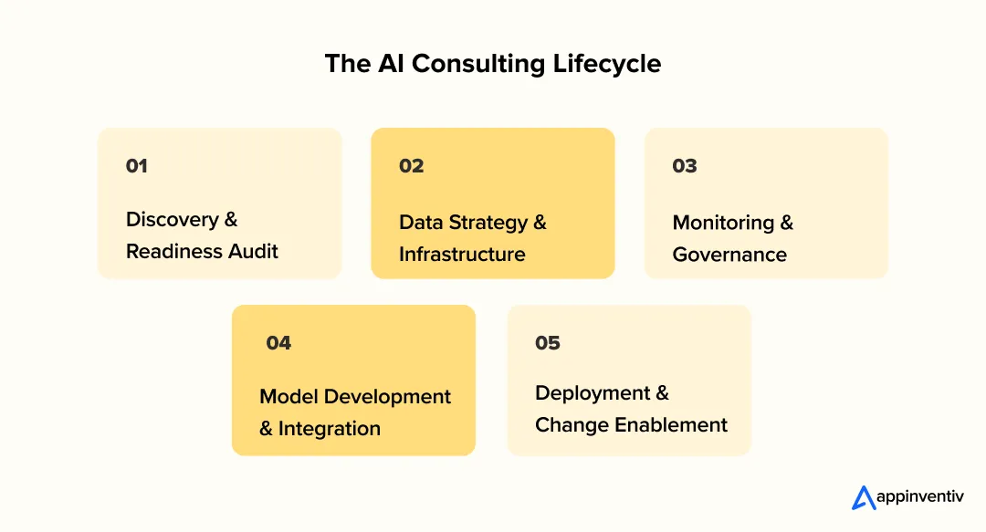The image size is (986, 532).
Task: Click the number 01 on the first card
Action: [x=137, y=166]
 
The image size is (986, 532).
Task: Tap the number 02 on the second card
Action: [x=412, y=166]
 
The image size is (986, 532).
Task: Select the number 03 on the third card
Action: [x=685, y=166]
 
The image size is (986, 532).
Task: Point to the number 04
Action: [x=278, y=343]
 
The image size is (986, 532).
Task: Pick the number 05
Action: [x=548, y=343]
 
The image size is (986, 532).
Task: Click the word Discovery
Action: [x=173, y=220]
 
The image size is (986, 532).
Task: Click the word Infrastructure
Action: [x=462, y=255]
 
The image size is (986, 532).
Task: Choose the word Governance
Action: [x=729, y=255]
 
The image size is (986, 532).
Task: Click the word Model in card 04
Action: [x=288, y=397]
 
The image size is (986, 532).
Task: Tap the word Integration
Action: [x=330, y=429]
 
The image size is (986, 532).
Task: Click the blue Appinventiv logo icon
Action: [x=864, y=497]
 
